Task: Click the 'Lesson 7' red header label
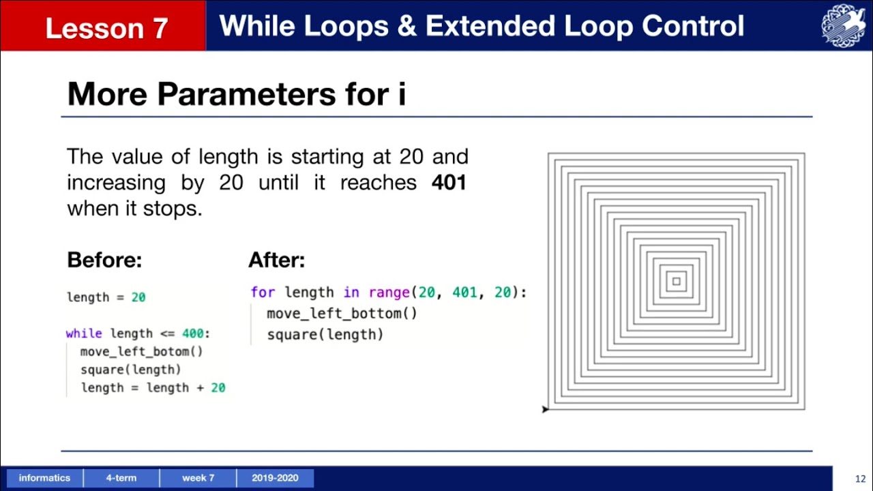point(106,28)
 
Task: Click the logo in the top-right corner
point(844,26)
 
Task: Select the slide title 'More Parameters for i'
point(237,93)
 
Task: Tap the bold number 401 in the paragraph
point(449,183)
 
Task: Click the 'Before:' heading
point(104,260)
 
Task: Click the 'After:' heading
point(276,260)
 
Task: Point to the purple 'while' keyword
point(84,333)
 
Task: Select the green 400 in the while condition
point(193,333)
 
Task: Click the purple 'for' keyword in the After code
point(263,293)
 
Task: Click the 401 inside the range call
point(464,293)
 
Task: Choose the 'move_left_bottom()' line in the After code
point(342,314)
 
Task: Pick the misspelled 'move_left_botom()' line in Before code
point(142,352)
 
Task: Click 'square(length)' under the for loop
point(325,335)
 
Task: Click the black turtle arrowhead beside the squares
point(545,409)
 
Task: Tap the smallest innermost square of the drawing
point(676,282)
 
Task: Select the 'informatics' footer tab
point(44,478)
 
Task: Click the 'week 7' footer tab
point(198,478)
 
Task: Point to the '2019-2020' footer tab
point(275,478)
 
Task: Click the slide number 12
point(860,478)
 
